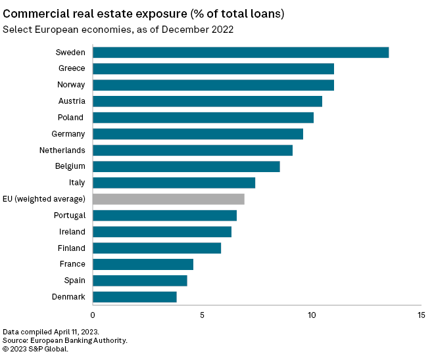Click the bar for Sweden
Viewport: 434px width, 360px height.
click(x=240, y=53)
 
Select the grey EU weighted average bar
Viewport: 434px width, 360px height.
click(x=168, y=199)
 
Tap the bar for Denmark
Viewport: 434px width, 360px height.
click(x=135, y=297)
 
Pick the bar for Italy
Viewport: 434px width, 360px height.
click(x=174, y=183)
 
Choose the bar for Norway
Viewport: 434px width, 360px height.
click(x=213, y=85)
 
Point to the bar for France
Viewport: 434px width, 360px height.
click(x=143, y=264)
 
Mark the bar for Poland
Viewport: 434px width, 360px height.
click(x=203, y=118)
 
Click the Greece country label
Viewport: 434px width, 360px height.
click(x=72, y=68)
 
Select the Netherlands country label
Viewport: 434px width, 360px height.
click(x=62, y=150)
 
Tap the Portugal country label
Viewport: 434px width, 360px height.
click(x=70, y=215)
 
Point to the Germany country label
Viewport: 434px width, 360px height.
click(x=68, y=134)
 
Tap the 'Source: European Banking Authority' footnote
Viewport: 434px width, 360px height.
click(x=65, y=340)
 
